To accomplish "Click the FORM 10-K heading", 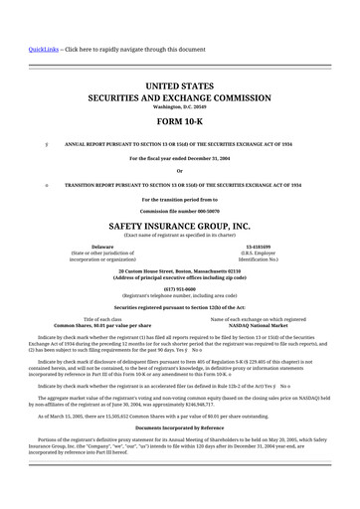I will point(180,123).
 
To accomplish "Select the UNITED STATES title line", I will point(180,87).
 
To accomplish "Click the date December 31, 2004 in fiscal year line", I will point(206,158).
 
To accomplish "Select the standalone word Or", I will point(180,171).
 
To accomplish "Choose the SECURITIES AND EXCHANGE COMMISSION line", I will point(180,99).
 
